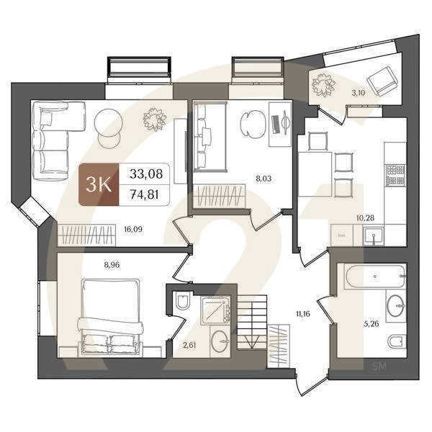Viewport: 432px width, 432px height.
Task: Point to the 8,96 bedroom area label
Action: (x=112, y=264)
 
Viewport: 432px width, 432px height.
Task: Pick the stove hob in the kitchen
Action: (x=395, y=173)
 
